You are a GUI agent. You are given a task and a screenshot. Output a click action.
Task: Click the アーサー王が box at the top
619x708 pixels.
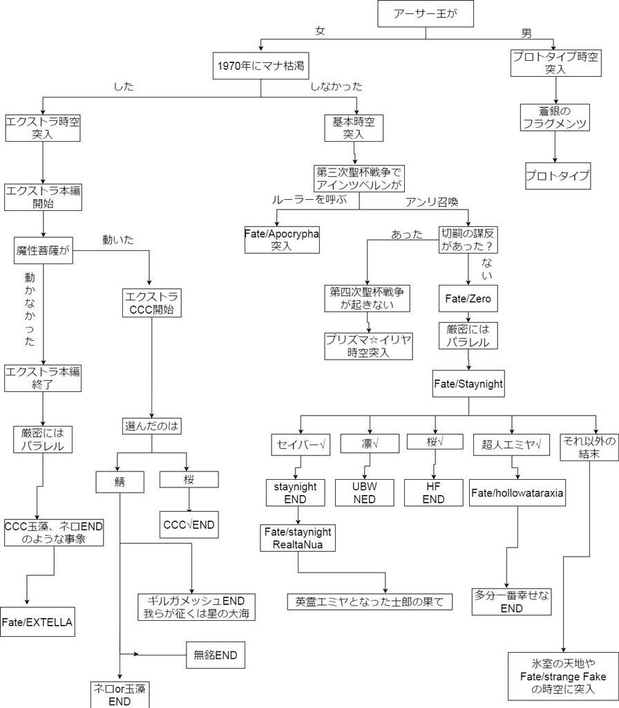426,14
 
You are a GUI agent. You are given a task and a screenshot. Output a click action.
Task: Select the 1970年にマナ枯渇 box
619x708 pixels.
260,66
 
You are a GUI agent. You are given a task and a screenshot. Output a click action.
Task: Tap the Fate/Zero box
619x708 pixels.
468,299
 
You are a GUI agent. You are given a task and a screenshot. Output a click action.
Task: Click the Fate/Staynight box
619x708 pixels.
468,384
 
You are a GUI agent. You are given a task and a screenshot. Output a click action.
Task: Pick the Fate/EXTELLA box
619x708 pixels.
37,622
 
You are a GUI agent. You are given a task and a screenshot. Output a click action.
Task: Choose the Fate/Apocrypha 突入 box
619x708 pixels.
282,240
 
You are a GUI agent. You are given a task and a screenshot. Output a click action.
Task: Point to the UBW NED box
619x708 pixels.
365,492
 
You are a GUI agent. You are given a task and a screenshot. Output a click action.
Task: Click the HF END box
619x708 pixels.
434,492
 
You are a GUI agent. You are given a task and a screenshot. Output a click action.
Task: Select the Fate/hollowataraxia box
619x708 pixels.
517,492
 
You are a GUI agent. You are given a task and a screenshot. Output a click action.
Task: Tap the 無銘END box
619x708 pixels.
216,655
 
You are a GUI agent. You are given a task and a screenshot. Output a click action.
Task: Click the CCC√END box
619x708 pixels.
189,525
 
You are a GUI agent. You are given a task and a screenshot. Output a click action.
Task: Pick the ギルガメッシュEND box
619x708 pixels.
196,607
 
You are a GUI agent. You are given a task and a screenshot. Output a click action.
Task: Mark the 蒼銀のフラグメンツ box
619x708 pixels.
555,118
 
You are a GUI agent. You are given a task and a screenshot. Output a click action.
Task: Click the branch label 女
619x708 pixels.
320,30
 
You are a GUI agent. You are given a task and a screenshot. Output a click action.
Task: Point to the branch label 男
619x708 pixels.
526,33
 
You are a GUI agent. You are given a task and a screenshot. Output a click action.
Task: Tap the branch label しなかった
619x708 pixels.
336,86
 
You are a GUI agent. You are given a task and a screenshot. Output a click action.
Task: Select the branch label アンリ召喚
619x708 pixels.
432,202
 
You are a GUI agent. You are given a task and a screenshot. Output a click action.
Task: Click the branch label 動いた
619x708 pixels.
118,240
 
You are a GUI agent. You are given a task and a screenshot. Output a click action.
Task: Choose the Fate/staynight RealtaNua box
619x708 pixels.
298,538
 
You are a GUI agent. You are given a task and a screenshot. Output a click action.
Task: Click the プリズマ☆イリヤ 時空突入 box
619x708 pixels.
369,346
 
